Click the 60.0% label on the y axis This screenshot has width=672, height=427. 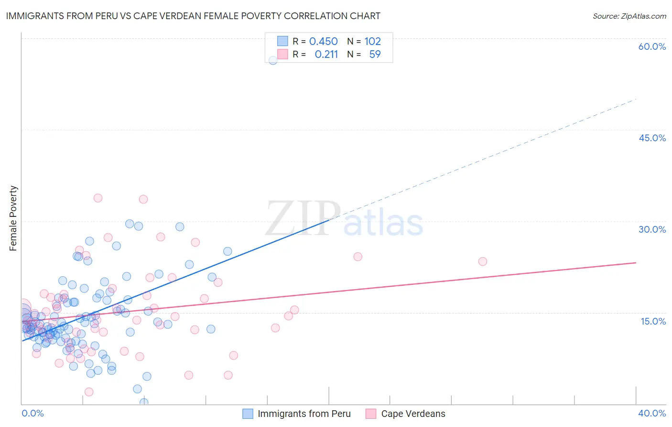[x=652, y=46]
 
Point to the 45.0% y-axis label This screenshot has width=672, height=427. [x=652, y=138]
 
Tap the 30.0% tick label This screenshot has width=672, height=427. [x=652, y=229]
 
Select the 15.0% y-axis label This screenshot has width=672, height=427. [x=653, y=321]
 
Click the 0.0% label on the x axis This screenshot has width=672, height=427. [x=33, y=413]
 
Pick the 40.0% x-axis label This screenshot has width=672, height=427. [x=652, y=413]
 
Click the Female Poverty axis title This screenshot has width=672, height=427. [x=13, y=218]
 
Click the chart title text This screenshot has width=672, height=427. [x=193, y=16]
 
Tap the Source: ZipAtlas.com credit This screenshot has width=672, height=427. [x=629, y=16]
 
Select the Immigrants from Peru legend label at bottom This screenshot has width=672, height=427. [x=304, y=414]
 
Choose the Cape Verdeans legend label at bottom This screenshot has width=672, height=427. [x=413, y=414]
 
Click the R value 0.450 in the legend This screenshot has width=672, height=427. [x=323, y=41]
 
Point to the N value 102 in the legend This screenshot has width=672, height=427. [x=372, y=41]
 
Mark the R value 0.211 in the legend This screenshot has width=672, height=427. [x=326, y=54]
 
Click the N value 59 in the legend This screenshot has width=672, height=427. [x=375, y=54]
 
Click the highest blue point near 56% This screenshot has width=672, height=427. [x=273, y=60]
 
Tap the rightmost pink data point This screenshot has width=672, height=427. [x=483, y=261]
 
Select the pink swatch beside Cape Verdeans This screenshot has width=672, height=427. [x=371, y=414]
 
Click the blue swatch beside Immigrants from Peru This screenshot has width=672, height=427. [x=248, y=414]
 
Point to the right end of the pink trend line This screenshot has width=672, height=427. [x=636, y=263]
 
